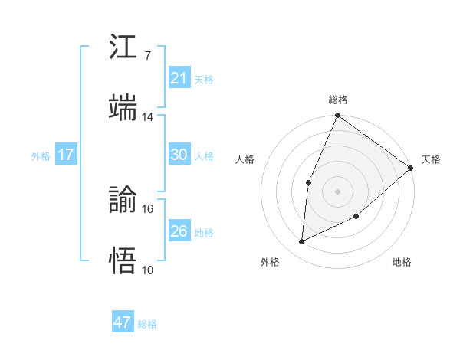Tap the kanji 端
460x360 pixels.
[124, 107]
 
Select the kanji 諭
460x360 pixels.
[124, 199]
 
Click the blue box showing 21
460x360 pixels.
[179, 78]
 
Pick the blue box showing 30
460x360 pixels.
[179, 155]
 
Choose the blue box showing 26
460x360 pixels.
[179, 231]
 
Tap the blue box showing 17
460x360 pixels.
[65, 155]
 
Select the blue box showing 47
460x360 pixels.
[123, 322]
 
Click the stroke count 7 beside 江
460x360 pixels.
[147, 55]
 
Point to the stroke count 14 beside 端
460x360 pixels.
[148, 116]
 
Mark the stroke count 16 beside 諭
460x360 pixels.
[148, 208]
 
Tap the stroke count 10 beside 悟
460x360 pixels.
[148, 270]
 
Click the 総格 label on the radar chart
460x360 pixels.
[338, 100]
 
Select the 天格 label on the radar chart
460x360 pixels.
[431, 160]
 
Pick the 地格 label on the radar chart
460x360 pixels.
[402, 263]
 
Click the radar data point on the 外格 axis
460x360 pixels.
[302, 242]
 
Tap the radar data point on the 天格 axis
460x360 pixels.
[411, 168]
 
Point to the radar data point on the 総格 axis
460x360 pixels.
[337, 116]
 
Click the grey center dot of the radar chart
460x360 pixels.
[337, 191]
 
